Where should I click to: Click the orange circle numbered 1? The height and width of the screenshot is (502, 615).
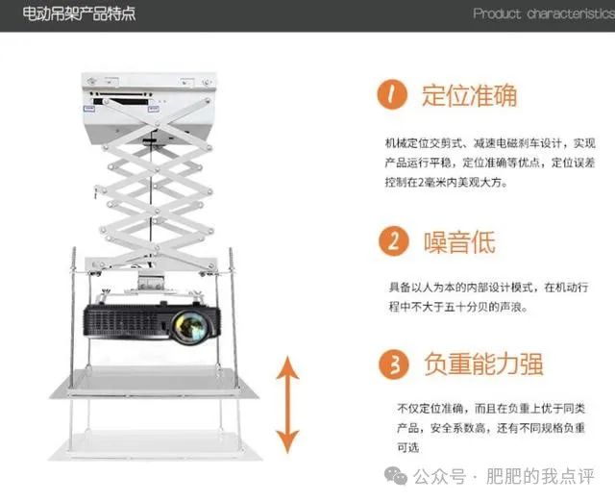tap(392, 94)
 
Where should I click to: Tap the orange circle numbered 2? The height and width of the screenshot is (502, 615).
tap(393, 241)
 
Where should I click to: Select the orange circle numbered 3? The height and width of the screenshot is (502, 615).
tap(394, 364)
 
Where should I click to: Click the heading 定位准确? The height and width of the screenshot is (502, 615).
tap(470, 95)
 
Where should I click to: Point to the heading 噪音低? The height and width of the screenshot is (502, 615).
tap(459, 241)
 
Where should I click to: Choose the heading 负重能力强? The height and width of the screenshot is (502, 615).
tap(483, 364)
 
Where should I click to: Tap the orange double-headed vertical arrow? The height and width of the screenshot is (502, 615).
tap(287, 404)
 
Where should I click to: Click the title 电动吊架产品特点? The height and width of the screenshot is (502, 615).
tap(79, 14)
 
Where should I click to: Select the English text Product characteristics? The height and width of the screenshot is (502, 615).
tap(544, 14)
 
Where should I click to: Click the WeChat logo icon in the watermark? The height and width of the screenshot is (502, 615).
tap(395, 476)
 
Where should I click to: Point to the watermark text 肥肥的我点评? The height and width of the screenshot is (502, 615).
tap(540, 476)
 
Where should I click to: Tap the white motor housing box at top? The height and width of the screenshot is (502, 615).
tap(148, 108)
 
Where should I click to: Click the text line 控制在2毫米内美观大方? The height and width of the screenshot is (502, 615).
tap(446, 183)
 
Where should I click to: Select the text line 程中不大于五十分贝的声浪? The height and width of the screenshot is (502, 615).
tap(458, 307)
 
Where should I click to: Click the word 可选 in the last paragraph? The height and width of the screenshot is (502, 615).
tap(407, 447)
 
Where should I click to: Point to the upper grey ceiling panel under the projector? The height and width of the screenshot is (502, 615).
tap(154, 382)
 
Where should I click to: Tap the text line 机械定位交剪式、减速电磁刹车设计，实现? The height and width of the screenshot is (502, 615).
tap(490, 143)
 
